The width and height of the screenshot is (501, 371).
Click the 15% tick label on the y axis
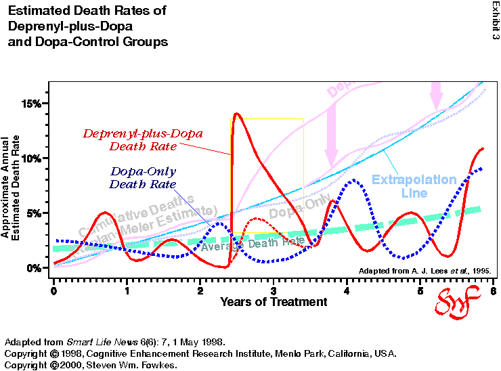pos(31,104)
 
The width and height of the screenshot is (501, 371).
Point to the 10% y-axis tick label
pos(31,158)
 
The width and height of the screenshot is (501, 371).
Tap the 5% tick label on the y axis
pos(34,213)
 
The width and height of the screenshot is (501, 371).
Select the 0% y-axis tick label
pos(34,268)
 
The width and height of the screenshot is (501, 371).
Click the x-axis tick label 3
pos(274,290)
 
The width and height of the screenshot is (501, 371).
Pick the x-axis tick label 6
pos(493,290)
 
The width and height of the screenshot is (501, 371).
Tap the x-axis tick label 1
pos(127,290)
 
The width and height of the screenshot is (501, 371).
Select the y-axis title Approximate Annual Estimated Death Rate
pos(13,187)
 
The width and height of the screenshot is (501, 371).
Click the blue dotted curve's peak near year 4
pos(353,180)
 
